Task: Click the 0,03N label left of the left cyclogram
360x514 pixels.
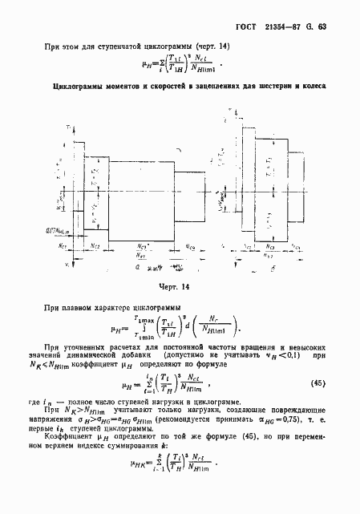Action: [x=48, y=229]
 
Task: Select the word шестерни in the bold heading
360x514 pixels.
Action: [x=270, y=86]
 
